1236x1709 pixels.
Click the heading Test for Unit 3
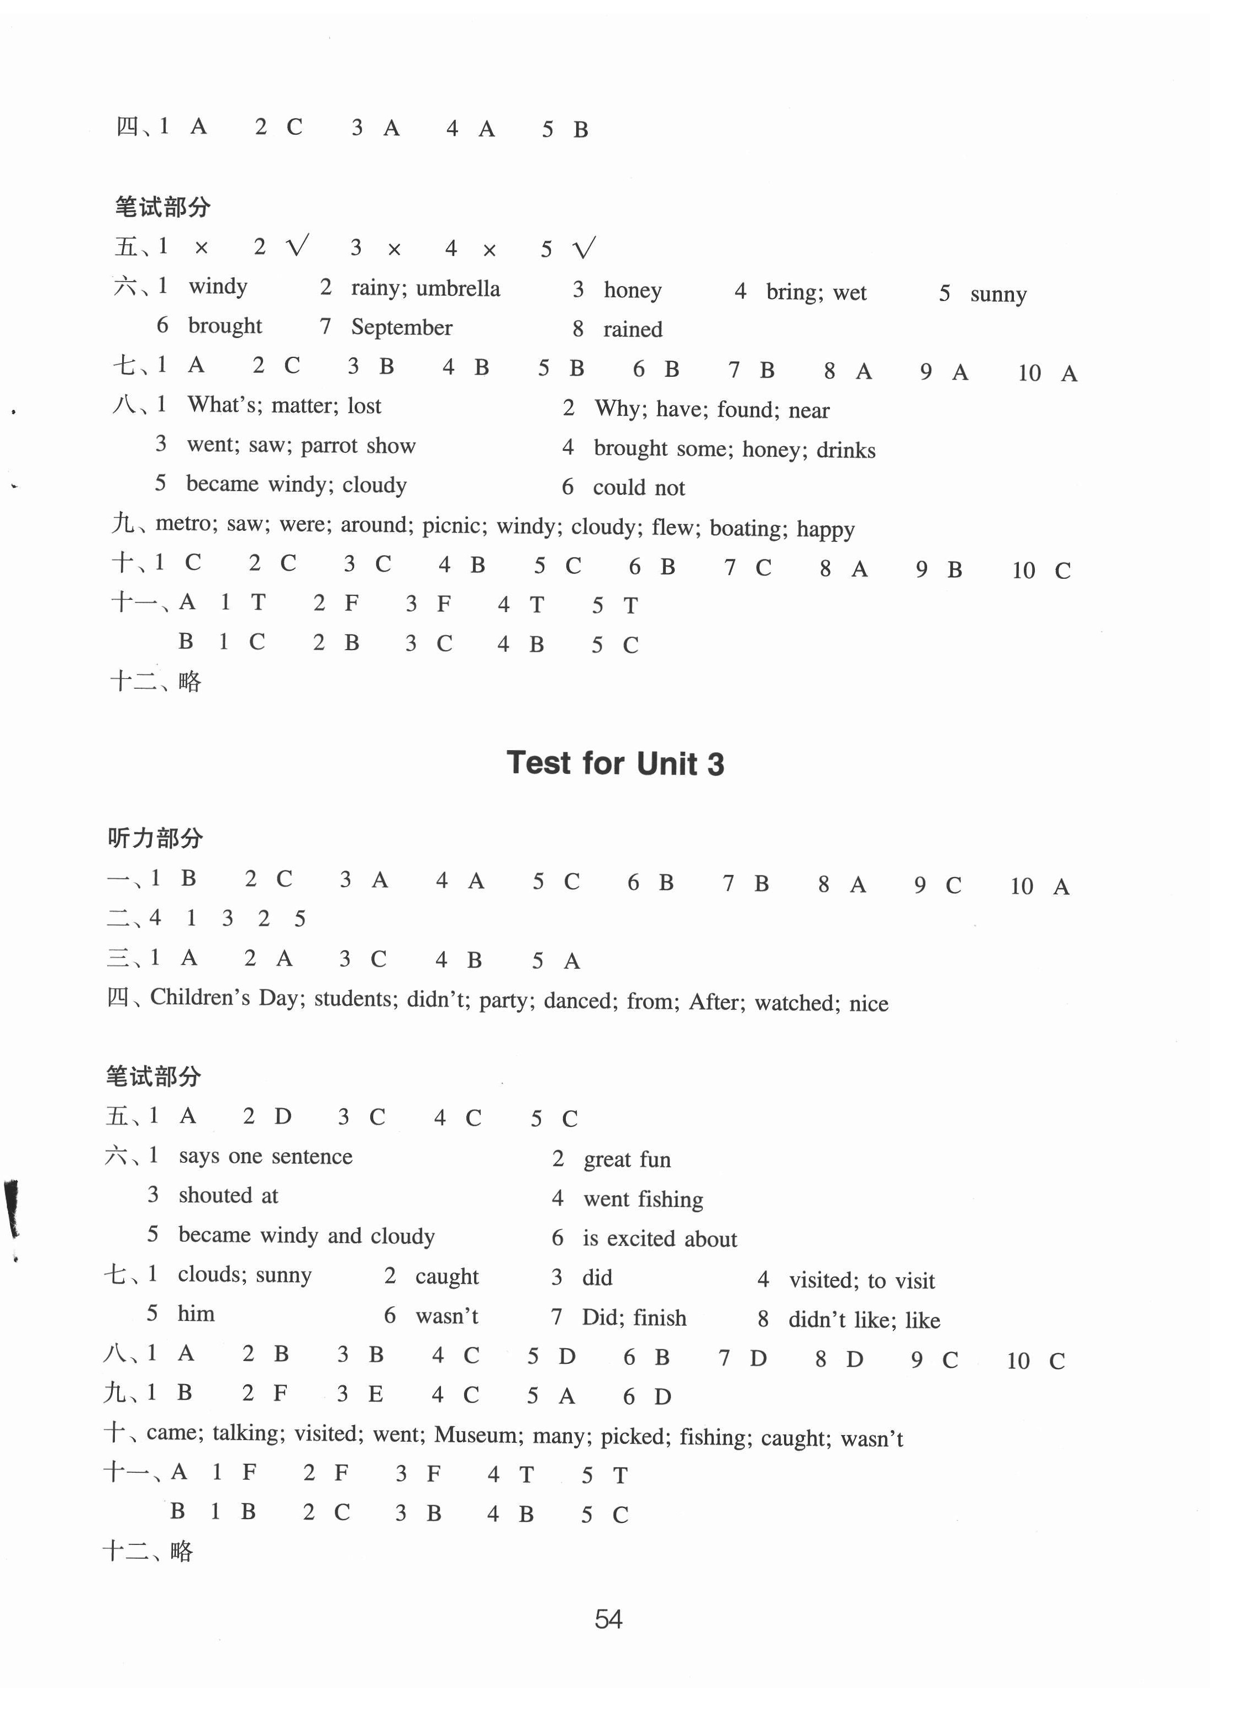click(615, 763)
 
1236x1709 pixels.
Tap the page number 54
click(608, 1618)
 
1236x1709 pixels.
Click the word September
click(402, 328)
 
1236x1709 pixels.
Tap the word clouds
click(211, 1274)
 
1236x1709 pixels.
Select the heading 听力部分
click(155, 837)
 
